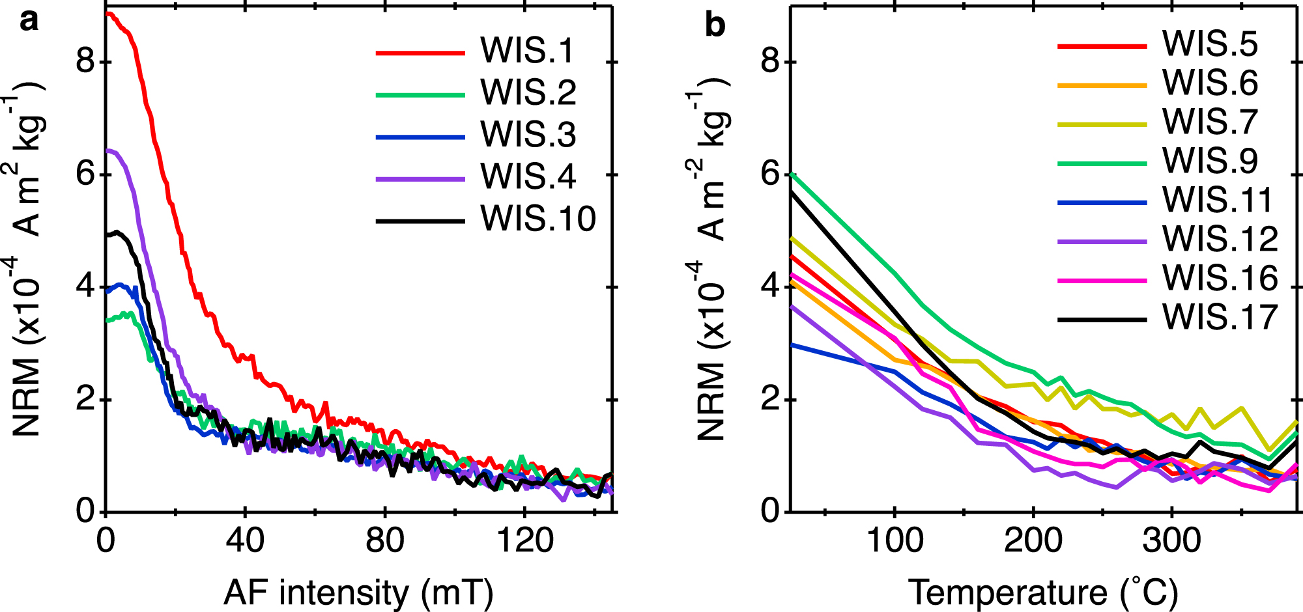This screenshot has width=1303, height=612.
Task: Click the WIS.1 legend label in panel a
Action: (527, 51)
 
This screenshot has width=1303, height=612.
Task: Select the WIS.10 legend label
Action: (538, 219)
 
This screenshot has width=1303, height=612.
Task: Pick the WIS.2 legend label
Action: (528, 92)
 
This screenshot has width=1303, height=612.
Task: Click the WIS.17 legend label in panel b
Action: (1220, 318)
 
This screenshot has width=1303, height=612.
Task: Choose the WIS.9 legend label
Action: (1210, 161)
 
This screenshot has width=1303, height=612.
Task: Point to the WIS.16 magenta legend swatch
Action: (1101, 280)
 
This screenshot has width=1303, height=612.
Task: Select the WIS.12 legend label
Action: (1220, 240)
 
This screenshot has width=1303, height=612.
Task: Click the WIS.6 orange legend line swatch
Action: (1101, 85)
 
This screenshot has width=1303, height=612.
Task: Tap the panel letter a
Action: (29, 21)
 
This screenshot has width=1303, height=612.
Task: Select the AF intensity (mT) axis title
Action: (358, 592)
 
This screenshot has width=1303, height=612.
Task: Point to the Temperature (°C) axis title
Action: (1042, 592)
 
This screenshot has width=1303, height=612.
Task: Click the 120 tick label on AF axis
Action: (524, 540)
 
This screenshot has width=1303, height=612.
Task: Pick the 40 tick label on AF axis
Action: (245, 540)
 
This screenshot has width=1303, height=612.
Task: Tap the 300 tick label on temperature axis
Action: (1172, 540)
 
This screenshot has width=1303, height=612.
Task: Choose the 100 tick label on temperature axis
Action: (895, 540)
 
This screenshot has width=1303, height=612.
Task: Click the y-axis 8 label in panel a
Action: (85, 62)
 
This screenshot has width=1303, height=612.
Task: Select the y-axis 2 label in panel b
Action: (770, 399)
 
